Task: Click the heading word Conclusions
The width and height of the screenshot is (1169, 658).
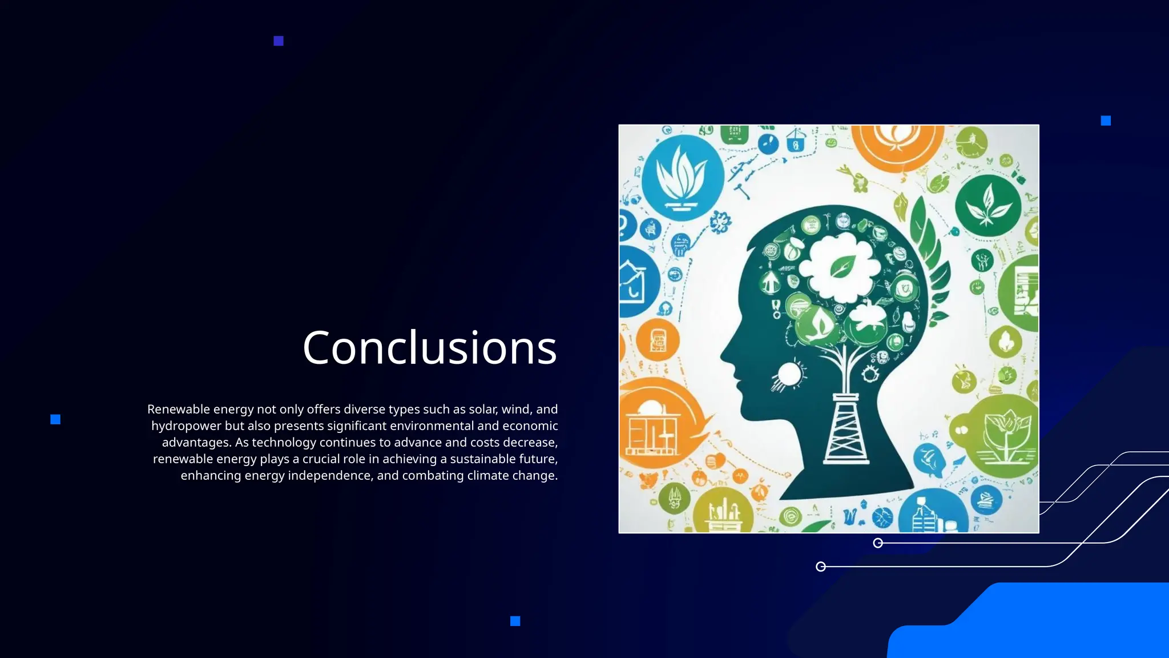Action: click(x=429, y=348)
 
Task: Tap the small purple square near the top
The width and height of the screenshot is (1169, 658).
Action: click(x=279, y=41)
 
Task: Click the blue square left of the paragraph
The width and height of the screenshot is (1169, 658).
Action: click(x=55, y=420)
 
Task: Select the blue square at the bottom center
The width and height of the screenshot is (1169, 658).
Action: click(x=515, y=621)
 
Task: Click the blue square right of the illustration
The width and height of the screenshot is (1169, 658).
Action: click(x=1106, y=121)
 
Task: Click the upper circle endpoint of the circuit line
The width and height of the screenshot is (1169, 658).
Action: click(x=878, y=543)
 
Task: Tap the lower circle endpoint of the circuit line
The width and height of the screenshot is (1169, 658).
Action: click(x=821, y=567)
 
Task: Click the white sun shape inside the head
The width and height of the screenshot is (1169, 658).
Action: click(x=790, y=375)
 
